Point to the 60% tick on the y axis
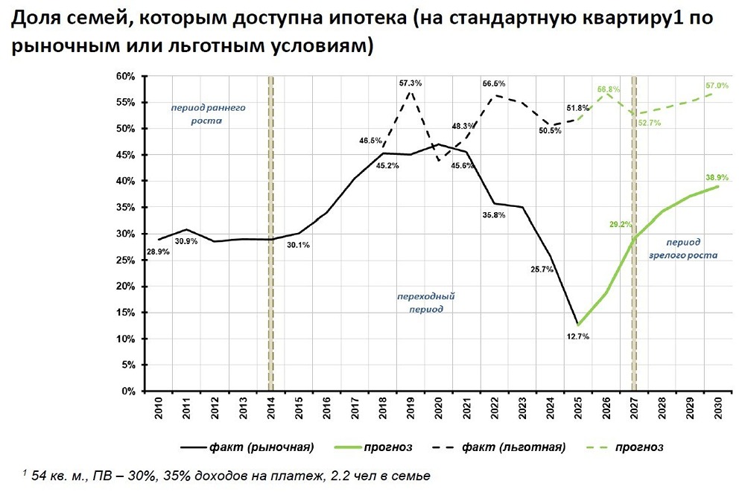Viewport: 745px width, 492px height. [x=124, y=77]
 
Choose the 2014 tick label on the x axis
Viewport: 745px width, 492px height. [x=270, y=409]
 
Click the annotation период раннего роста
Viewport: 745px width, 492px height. [x=208, y=113]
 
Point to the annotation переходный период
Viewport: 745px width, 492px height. [x=426, y=302]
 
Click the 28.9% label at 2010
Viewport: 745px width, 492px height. [x=157, y=252]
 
